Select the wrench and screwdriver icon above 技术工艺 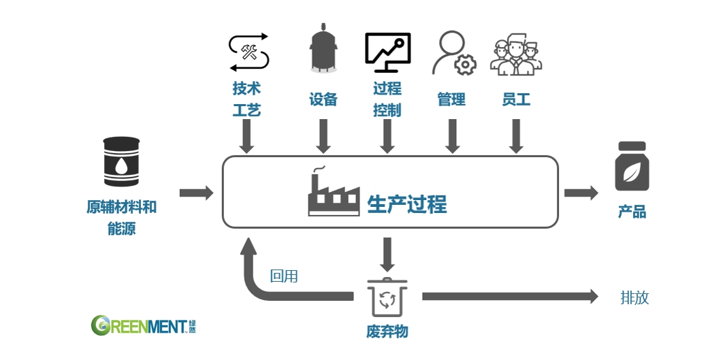[x=249, y=53]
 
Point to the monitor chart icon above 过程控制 [x=387, y=52]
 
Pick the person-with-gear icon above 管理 [x=453, y=53]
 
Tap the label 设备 [x=323, y=99]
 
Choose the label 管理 [x=451, y=99]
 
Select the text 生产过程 [x=407, y=203]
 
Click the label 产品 [x=632, y=212]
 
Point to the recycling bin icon [x=387, y=298]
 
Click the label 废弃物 [x=387, y=331]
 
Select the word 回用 [x=284, y=276]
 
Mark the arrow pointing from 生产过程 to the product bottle [x=581, y=193]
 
